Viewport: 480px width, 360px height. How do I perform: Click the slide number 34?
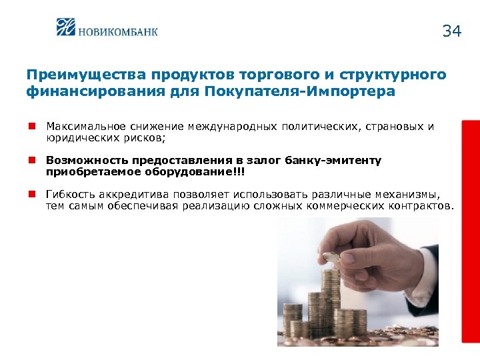[x=451, y=31]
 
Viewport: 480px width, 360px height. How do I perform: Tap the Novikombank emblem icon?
[x=67, y=28]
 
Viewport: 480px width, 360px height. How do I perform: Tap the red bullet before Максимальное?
[x=31, y=125]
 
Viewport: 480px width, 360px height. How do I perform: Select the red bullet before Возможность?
[x=31, y=160]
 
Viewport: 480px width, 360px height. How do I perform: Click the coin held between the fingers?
[x=329, y=257]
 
